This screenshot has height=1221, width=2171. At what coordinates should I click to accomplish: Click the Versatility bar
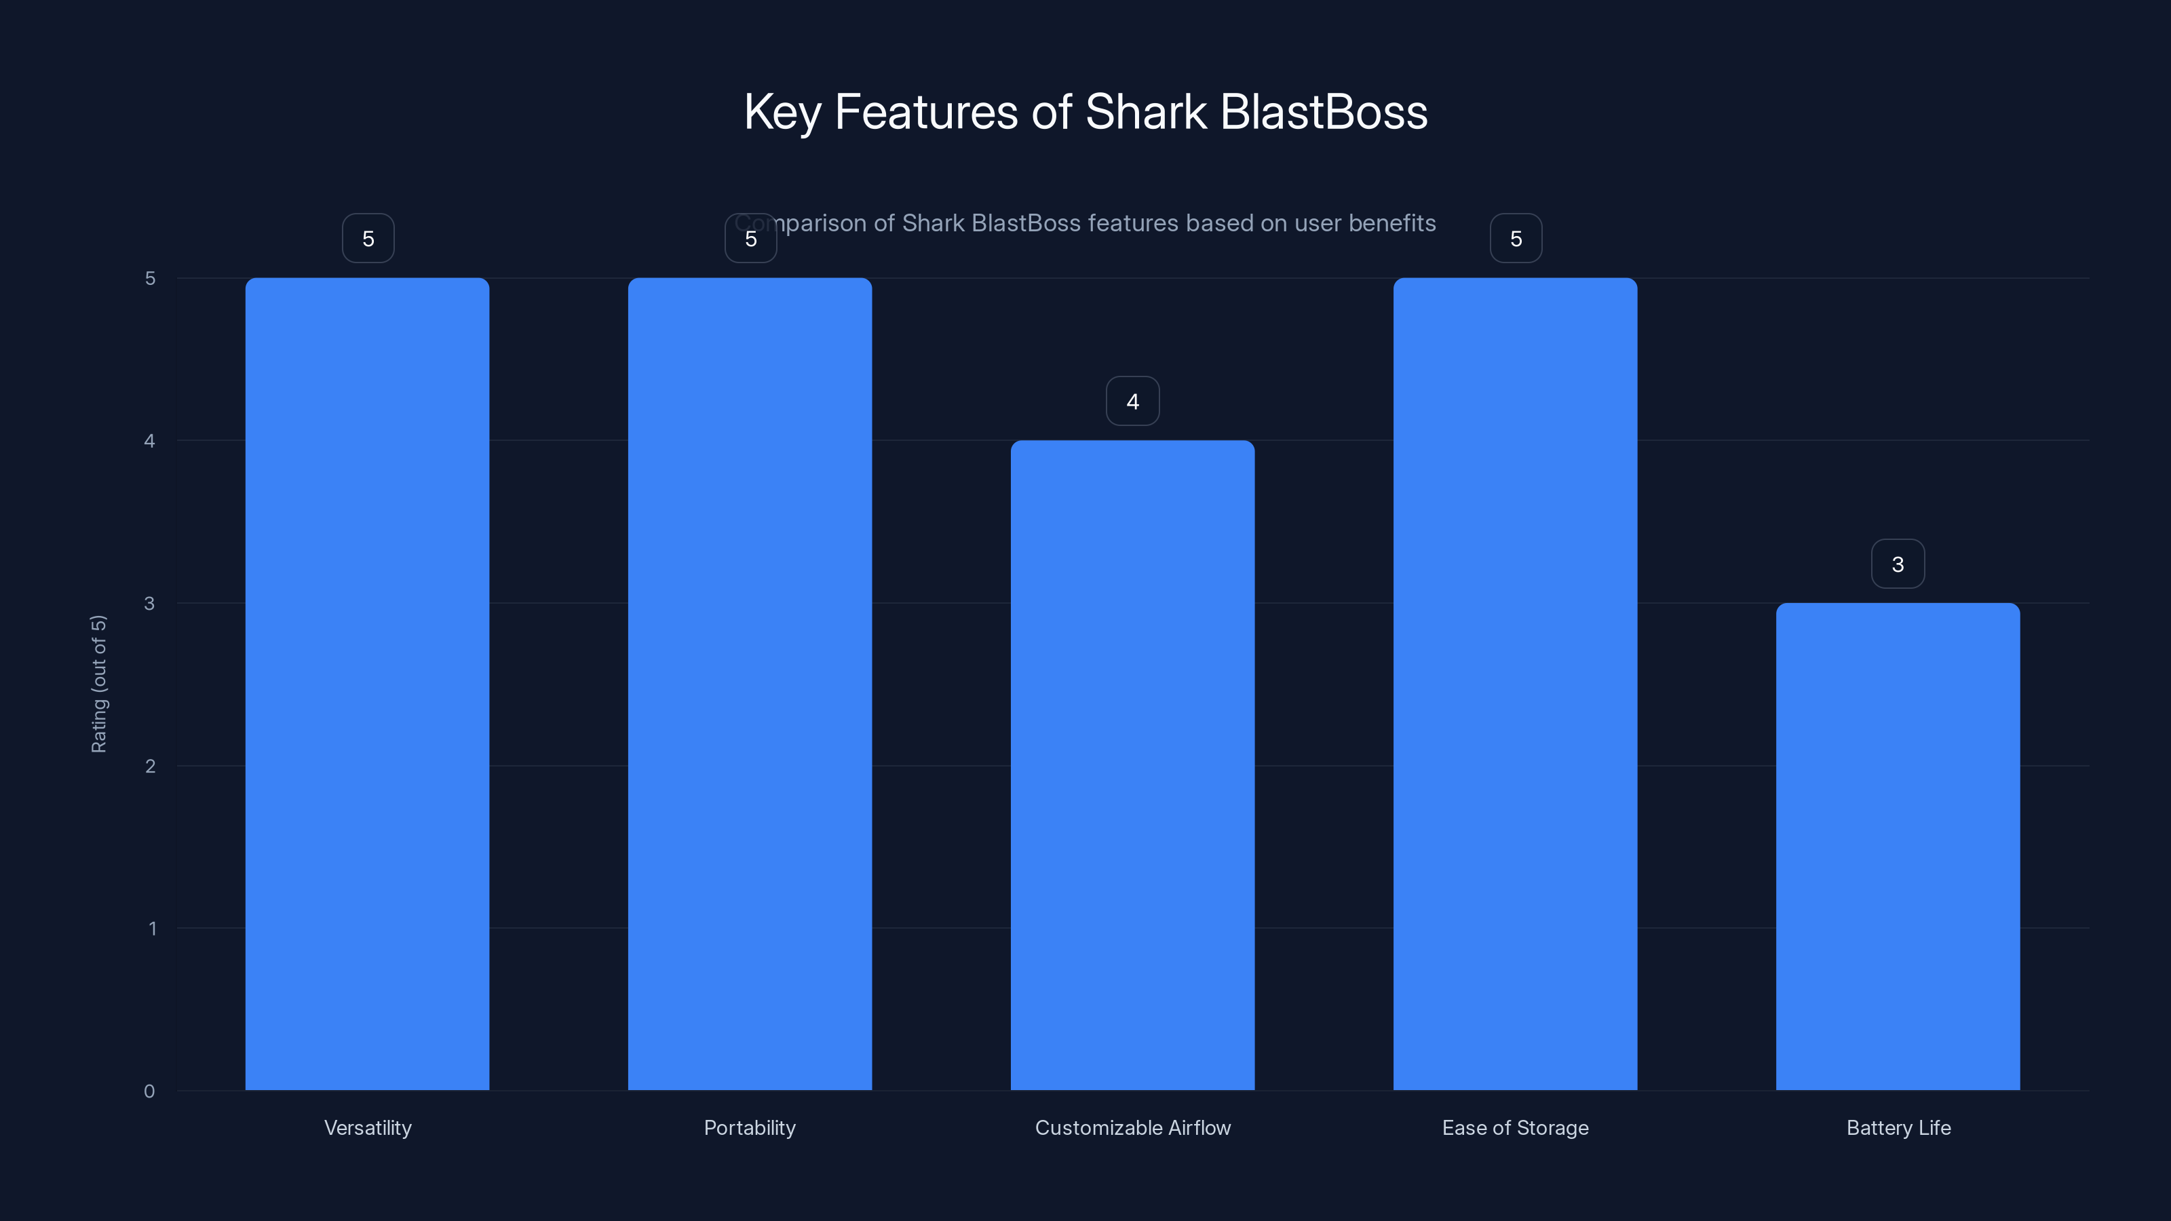(x=368, y=683)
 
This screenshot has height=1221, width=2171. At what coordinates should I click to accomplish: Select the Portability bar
(x=750, y=683)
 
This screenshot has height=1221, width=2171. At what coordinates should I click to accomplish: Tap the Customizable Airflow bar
(x=1133, y=765)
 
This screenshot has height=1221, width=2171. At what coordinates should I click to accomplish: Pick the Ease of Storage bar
(x=1516, y=683)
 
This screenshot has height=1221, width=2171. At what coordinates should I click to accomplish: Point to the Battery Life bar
(x=1898, y=846)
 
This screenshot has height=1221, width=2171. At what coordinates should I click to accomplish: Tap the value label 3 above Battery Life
(x=1898, y=564)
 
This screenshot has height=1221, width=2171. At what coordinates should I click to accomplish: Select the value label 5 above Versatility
(x=368, y=239)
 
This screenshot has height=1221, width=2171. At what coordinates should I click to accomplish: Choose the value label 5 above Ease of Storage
(x=1516, y=239)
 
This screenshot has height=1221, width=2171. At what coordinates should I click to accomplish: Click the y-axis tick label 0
(x=149, y=1091)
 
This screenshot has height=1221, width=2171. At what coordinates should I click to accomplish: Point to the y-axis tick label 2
(x=150, y=766)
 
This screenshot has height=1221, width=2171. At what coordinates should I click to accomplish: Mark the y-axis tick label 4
(x=150, y=441)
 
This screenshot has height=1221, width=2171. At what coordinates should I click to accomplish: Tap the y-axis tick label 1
(x=153, y=929)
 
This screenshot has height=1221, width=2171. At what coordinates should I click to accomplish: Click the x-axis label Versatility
(x=368, y=1127)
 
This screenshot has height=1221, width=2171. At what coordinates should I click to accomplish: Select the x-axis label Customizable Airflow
(x=1133, y=1127)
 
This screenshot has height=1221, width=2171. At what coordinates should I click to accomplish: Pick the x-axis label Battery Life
(x=1899, y=1127)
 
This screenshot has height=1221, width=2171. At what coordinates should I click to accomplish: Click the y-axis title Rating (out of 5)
(x=98, y=683)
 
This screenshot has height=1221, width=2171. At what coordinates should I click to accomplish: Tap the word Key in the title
(x=782, y=112)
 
